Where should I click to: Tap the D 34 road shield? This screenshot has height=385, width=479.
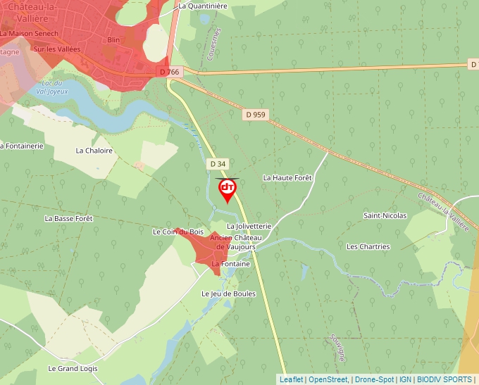point(218,163)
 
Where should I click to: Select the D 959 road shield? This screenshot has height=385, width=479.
point(256,114)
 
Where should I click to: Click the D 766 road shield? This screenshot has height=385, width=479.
point(170,72)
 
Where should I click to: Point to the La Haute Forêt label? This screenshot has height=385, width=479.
point(287,178)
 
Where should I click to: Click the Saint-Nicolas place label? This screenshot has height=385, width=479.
point(385,215)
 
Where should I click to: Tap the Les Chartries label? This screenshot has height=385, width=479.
point(368,247)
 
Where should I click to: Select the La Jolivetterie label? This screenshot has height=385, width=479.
point(249,226)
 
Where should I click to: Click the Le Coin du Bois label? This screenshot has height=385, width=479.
point(178,232)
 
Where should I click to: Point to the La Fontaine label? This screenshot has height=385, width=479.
point(231,264)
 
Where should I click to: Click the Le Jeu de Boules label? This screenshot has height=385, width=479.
point(228,294)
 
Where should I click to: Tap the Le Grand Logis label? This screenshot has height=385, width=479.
point(73,369)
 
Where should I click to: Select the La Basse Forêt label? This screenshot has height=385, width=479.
point(68,219)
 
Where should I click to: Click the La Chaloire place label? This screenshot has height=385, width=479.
point(94,151)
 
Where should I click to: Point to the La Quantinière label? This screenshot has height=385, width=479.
point(203,6)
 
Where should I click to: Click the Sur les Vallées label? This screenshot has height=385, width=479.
point(57,49)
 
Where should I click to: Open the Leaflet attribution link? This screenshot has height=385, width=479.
point(292,379)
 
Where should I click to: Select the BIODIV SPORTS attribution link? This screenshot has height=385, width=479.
point(444,379)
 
